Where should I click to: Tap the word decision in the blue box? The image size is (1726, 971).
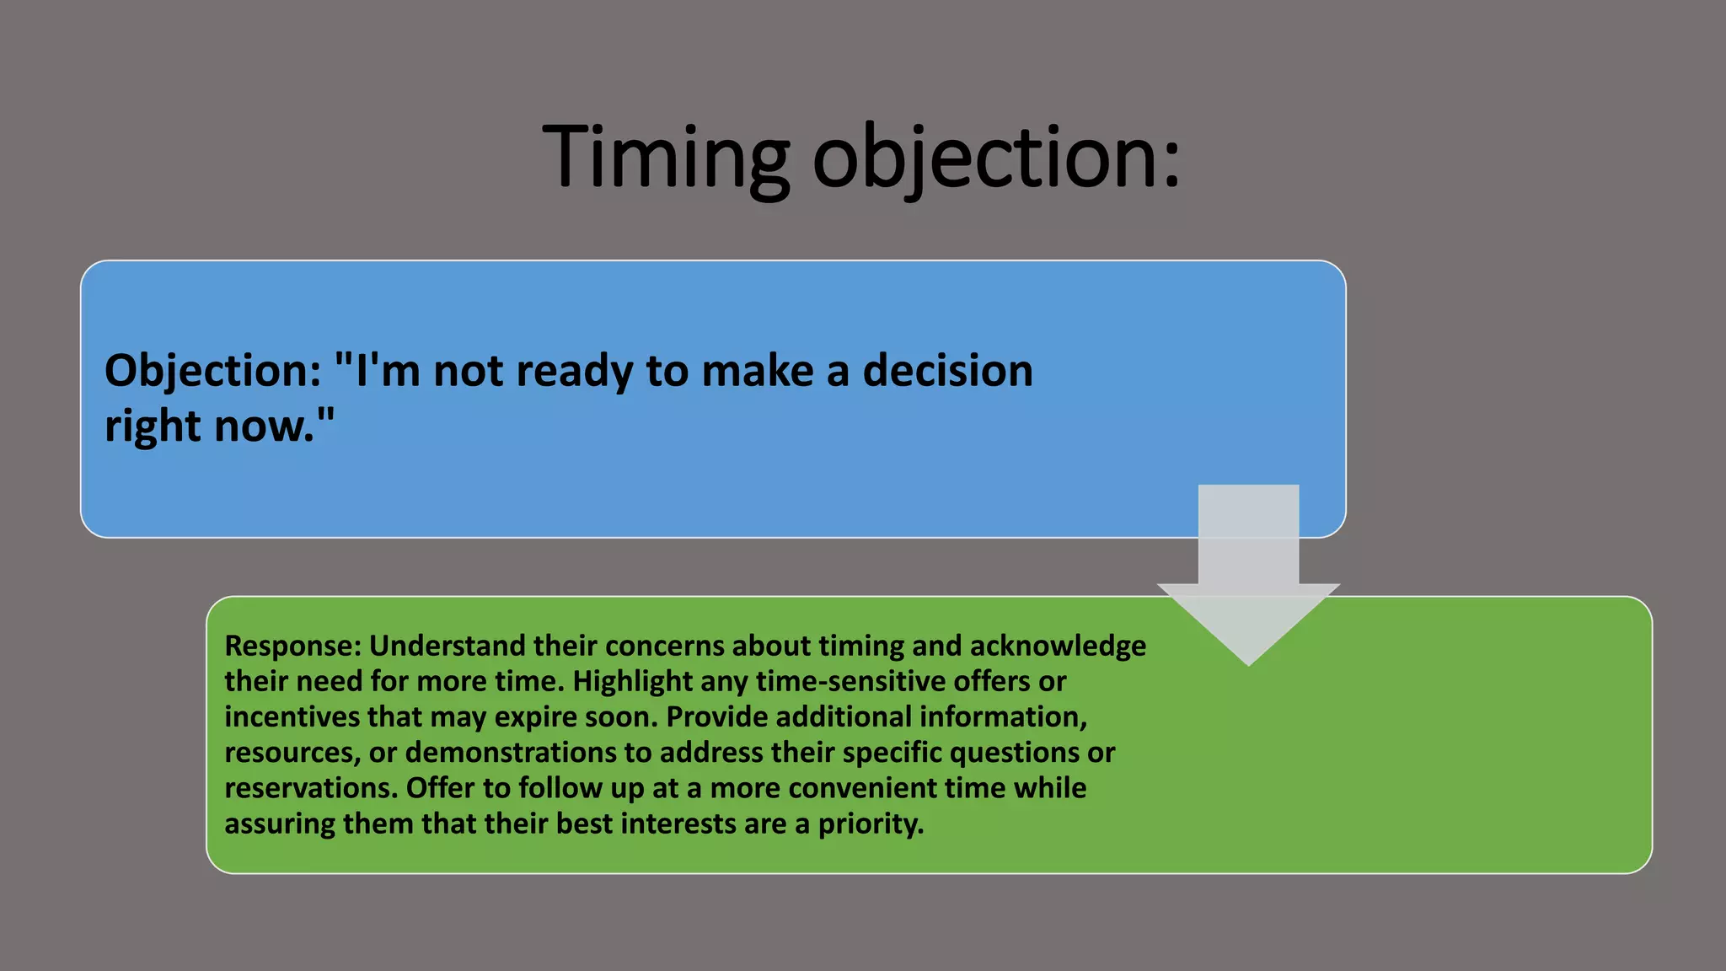coord(947,371)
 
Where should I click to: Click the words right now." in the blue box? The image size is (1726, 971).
coord(219,426)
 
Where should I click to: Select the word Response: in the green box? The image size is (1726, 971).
coord(292,646)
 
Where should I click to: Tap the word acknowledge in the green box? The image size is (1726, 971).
coord(1058,646)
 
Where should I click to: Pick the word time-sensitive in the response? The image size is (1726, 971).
coord(850,681)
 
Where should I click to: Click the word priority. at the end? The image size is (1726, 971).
coord(871,823)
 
